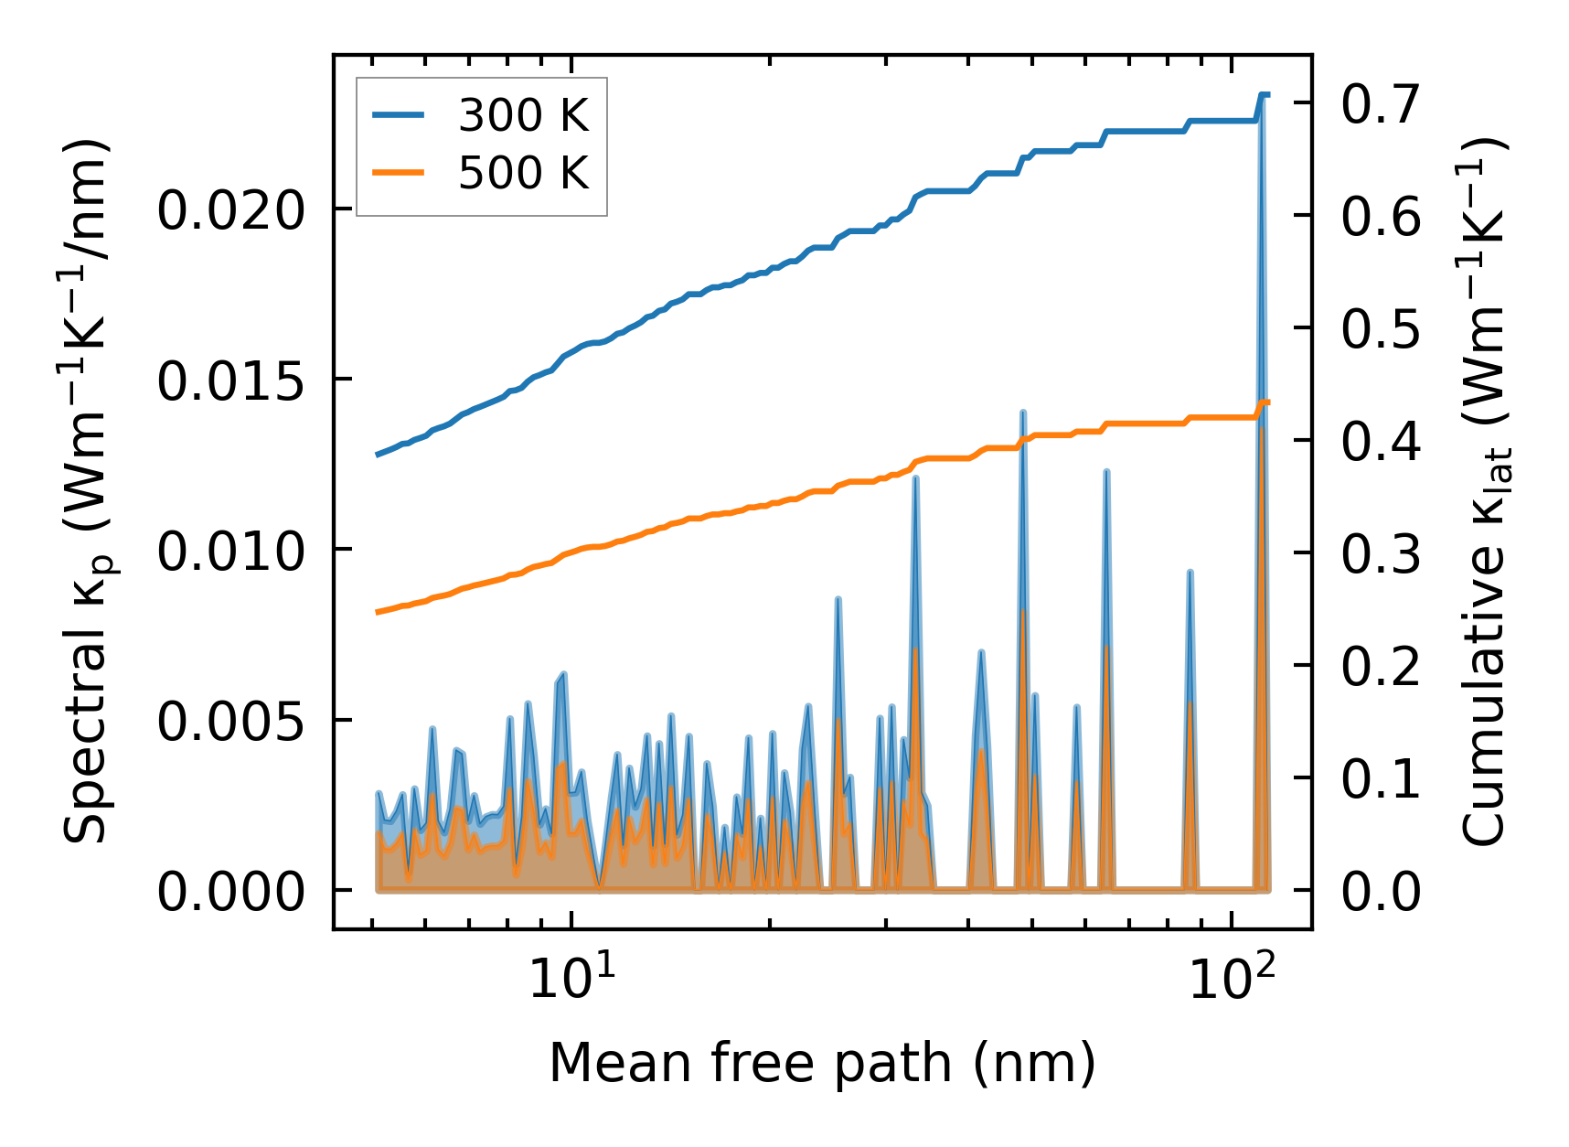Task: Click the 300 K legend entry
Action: click(x=523, y=116)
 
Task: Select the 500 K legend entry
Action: click(x=523, y=173)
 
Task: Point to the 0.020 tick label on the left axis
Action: click(x=229, y=211)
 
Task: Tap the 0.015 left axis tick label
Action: click(x=229, y=381)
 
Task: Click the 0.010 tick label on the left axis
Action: click(x=229, y=552)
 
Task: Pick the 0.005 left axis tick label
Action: click(x=229, y=722)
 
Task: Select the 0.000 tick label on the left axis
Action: click(x=229, y=892)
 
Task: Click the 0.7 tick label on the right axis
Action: click(x=1381, y=103)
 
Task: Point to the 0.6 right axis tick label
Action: click(x=1381, y=217)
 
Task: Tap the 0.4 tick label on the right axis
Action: click(x=1381, y=442)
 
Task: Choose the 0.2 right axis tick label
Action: click(x=1381, y=667)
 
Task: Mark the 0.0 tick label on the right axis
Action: click(x=1381, y=892)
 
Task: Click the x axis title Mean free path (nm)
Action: click(x=821, y=1063)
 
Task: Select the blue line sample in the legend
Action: click(x=399, y=116)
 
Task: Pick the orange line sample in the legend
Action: click(x=399, y=173)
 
